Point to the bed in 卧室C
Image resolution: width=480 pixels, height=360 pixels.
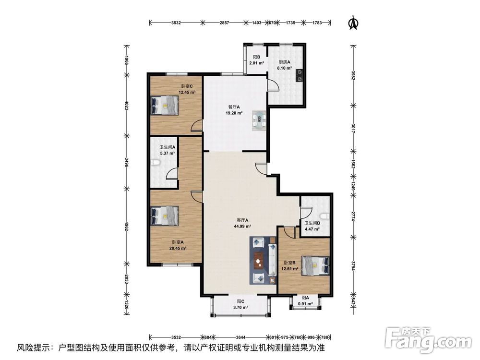(x=165, y=105)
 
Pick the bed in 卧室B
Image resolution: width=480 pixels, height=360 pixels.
(x=315, y=266)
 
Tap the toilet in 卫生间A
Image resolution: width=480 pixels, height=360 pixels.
(x=154, y=163)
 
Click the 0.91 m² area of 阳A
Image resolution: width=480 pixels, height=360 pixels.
(x=306, y=304)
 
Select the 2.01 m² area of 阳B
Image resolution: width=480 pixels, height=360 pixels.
(x=256, y=63)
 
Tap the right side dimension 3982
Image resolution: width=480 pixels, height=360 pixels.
(x=353, y=76)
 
